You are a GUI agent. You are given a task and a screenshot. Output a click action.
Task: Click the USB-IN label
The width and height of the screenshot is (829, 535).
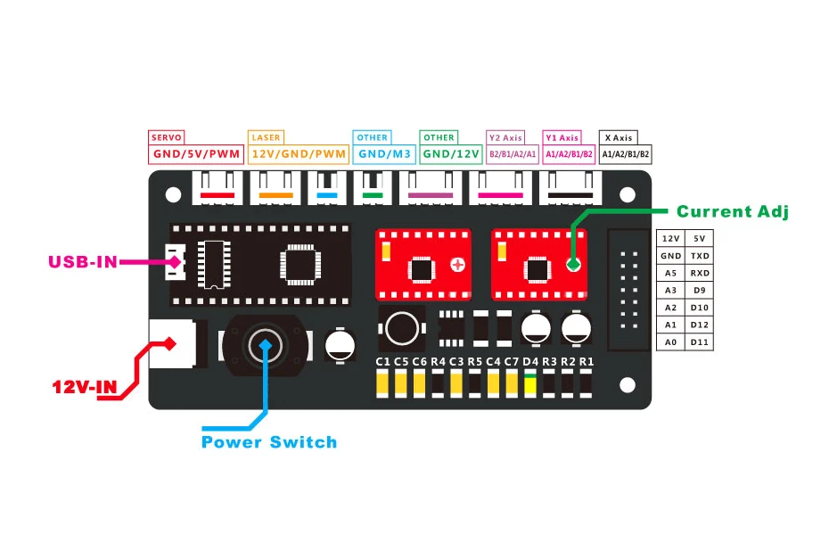[82, 262]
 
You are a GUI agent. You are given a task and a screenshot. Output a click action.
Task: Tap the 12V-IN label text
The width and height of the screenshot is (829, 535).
[85, 388]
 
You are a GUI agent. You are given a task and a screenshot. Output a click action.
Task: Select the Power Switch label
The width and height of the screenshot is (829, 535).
[269, 442]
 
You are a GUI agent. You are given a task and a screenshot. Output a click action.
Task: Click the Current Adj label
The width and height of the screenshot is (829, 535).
[733, 211]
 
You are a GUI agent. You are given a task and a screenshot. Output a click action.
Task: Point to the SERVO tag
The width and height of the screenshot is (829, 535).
[167, 137]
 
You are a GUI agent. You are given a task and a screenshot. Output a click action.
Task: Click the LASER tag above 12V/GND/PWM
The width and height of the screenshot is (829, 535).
[267, 137]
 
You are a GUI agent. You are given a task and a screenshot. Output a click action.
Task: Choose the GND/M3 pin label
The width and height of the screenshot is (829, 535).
[384, 154]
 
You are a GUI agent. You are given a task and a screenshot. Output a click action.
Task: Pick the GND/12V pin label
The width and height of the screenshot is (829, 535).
[452, 154]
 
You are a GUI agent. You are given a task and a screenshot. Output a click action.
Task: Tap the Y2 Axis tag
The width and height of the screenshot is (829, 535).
[505, 137]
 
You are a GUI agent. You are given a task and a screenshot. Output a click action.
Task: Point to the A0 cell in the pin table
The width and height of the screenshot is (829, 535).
[670, 342]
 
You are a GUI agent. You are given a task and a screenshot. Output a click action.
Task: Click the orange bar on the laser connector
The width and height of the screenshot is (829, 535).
[276, 194]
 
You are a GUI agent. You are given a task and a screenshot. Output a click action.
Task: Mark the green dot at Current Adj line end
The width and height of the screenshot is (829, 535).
[572, 264]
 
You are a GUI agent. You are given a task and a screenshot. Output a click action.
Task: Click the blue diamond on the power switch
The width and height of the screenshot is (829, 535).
[264, 343]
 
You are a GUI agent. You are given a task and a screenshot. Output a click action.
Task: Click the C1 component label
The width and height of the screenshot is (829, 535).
[383, 361]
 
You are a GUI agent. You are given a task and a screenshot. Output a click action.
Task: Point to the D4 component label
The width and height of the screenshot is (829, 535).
[530, 361]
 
